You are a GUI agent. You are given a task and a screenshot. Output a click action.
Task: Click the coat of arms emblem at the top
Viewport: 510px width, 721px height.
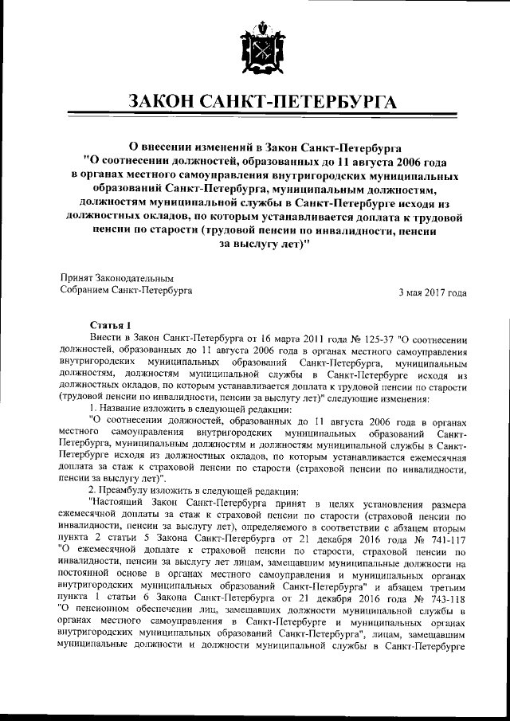(255, 49)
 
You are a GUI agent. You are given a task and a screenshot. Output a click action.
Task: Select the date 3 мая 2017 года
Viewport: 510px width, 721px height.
(433, 292)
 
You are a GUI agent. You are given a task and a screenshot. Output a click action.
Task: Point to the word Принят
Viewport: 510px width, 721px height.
(79, 278)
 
